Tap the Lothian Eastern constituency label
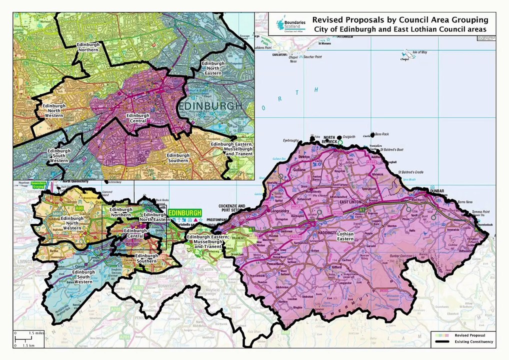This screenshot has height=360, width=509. [345, 236]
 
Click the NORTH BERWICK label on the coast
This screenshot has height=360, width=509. [329, 139]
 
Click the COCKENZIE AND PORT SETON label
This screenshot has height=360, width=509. [231, 208]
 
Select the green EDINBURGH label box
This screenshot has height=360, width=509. [185, 212]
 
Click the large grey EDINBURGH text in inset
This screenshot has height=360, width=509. [209, 106]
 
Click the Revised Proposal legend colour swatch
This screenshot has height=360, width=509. [442, 334]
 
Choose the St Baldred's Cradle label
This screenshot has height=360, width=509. [410, 172]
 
